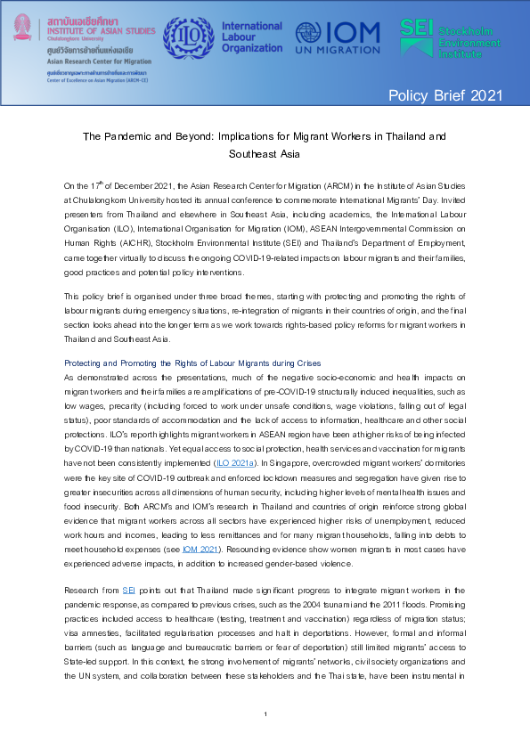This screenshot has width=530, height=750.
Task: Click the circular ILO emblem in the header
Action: click(x=187, y=37)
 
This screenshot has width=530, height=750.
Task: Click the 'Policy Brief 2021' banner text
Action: click(x=445, y=95)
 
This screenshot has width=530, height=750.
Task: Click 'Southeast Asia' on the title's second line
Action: click(x=265, y=153)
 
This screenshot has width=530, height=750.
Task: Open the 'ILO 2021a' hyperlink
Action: click(x=235, y=463)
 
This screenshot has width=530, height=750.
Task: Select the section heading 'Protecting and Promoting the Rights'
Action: click(x=192, y=363)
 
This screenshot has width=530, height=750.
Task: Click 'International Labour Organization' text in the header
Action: click(x=251, y=37)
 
